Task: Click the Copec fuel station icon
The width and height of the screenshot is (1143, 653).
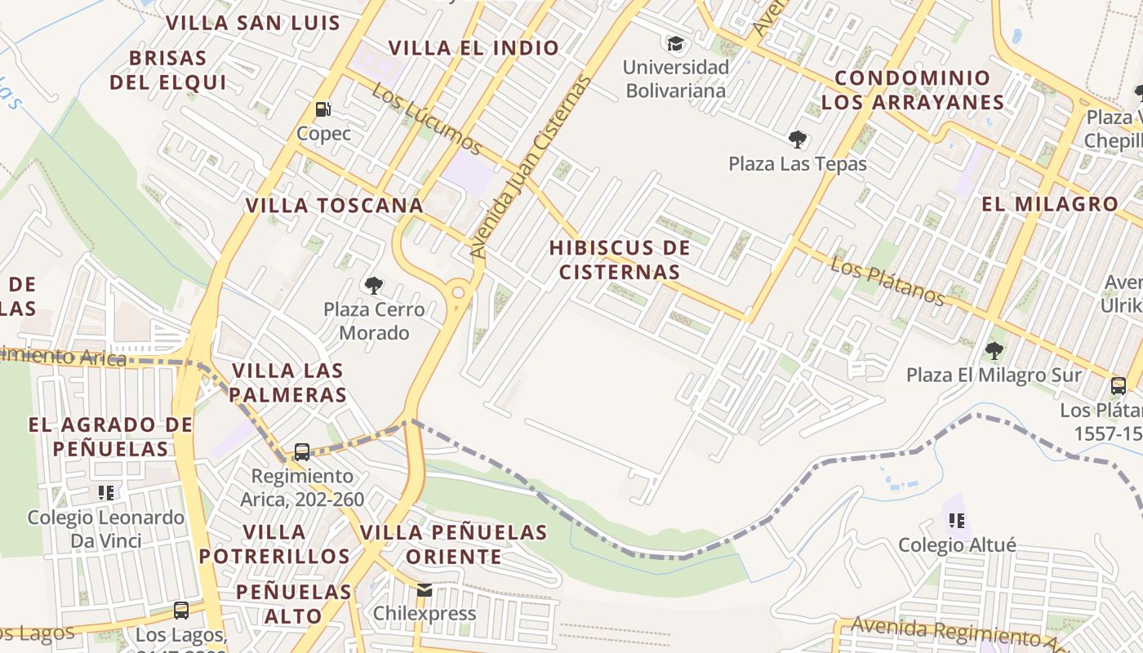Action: point(323,109)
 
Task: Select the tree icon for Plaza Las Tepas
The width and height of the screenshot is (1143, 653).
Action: point(797,140)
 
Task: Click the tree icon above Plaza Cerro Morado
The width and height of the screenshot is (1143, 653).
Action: point(374,286)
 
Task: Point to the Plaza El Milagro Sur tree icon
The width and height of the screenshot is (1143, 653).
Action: point(994,351)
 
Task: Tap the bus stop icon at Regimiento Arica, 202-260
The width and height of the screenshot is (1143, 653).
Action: point(301,451)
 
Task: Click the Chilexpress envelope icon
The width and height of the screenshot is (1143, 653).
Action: point(424,589)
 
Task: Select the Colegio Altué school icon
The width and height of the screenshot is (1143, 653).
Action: point(957,520)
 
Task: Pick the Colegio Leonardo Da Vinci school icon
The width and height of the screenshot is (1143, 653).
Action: point(106,492)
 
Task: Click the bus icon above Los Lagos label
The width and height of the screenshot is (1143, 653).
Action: point(181,610)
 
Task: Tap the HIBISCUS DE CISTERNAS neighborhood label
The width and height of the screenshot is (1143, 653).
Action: point(620,260)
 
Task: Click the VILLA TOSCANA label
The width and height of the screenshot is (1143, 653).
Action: point(335,206)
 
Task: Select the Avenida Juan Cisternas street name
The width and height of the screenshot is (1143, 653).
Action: point(530,167)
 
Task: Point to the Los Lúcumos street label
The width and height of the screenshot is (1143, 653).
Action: point(426,119)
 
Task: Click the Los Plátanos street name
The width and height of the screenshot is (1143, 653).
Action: point(887,281)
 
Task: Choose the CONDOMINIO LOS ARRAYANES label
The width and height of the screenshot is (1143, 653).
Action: point(912,90)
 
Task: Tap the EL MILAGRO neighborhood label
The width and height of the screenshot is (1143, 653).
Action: point(1049,204)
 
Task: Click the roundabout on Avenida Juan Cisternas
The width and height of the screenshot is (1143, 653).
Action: point(459,292)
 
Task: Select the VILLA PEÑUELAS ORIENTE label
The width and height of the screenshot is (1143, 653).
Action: point(454,544)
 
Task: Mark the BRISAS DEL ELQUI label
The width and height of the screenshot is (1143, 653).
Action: point(167,70)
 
